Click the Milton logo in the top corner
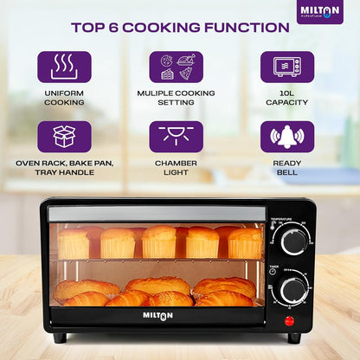[320, 11]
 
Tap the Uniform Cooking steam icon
[64, 67]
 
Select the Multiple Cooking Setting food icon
[177, 67]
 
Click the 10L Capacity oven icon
[287, 67]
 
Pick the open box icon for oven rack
[64, 136]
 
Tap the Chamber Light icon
[177, 136]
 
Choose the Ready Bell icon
[287, 136]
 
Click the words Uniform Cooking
[64, 97]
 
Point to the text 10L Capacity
[287, 97]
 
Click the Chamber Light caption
[177, 166]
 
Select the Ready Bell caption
[287, 166]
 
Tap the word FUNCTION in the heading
[242, 27]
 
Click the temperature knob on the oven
[294, 241]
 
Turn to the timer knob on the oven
[294, 288]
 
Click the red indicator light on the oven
[289, 320]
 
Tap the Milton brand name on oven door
[157, 315]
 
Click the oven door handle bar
[156, 214]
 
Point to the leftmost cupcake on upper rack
[73, 243]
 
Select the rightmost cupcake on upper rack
[245, 243]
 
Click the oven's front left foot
[60, 337]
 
